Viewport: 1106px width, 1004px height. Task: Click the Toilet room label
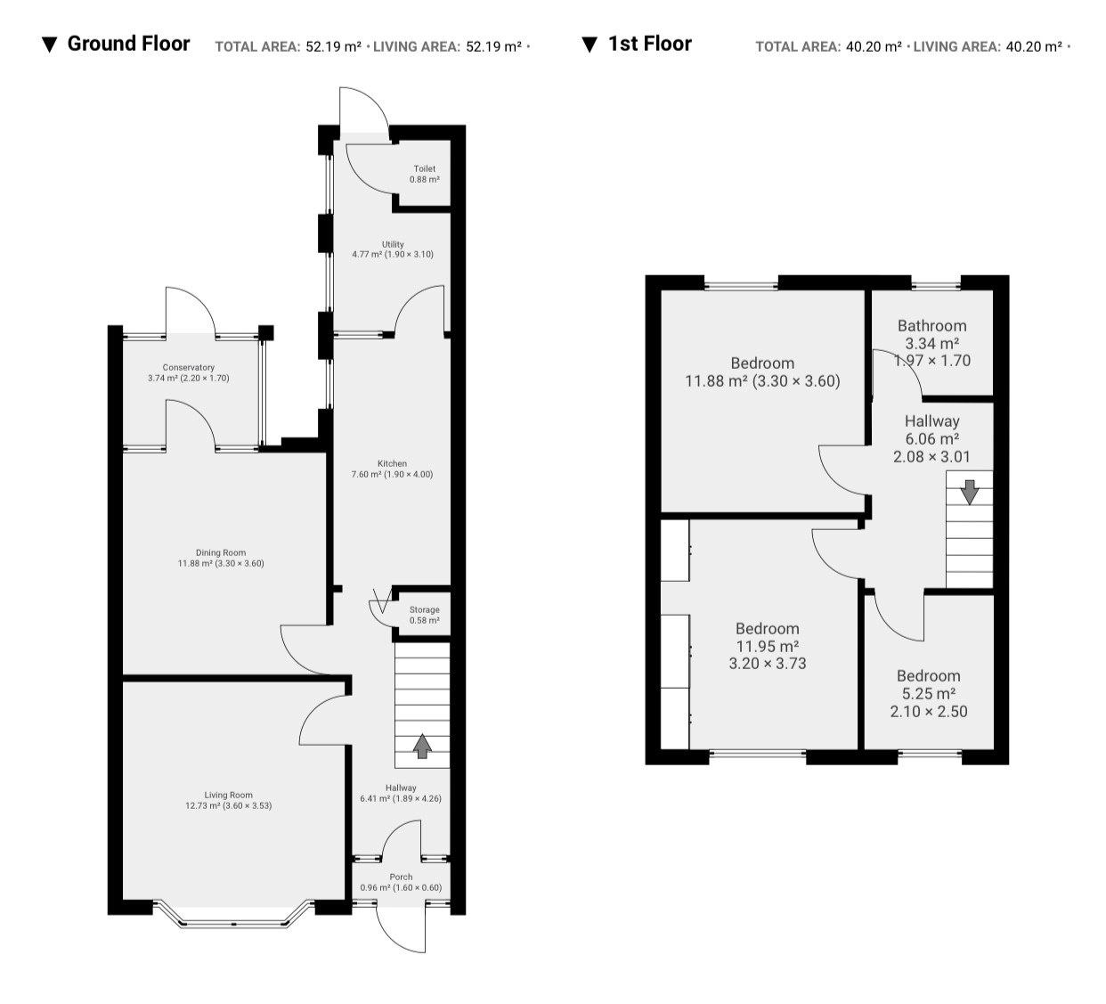click(424, 168)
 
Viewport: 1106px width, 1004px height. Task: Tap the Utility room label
click(393, 244)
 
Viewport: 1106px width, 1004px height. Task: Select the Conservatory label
click(188, 367)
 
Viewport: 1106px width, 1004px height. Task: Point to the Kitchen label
click(392, 463)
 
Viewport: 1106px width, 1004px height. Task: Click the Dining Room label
click(221, 552)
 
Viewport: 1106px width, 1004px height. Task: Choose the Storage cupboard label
click(424, 609)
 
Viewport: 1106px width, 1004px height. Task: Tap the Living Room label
click(228, 795)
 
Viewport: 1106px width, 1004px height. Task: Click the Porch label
click(401, 877)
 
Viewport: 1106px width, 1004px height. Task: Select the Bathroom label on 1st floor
click(931, 325)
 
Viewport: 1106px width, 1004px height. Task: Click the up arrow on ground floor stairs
click(422, 746)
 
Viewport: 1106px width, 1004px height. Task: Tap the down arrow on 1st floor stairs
click(969, 492)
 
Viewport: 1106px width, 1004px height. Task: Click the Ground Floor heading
click(128, 44)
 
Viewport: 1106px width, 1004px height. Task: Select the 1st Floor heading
click(649, 44)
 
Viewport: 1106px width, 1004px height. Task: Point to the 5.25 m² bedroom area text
click(929, 693)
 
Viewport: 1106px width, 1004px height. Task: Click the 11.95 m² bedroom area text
click(768, 646)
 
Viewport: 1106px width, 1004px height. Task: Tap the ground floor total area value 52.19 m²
click(333, 47)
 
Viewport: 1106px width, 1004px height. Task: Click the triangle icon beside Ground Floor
click(50, 45)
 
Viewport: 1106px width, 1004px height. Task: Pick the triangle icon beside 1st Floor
click(590, 45)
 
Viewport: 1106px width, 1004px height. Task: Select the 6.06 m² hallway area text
click(931, 439)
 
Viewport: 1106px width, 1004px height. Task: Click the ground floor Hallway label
click(401, 788)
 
